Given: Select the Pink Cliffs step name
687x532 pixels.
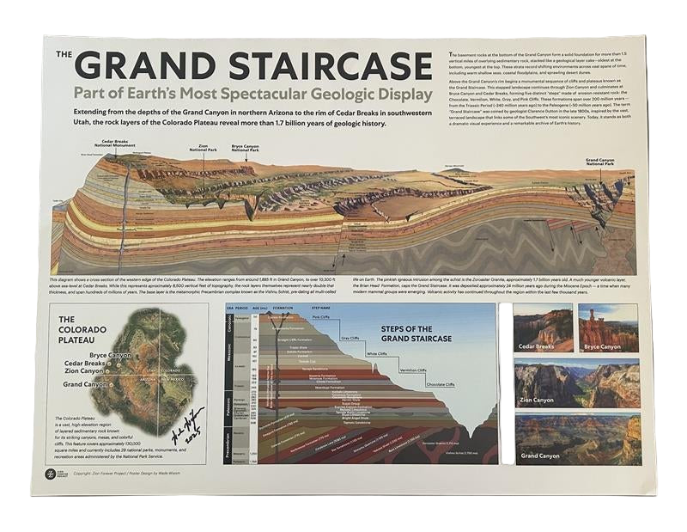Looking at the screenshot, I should [321, 318].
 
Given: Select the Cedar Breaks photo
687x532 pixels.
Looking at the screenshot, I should [543, 327].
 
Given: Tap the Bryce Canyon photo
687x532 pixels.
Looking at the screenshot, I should [608, 327].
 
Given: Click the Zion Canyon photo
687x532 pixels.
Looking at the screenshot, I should [576, 383].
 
